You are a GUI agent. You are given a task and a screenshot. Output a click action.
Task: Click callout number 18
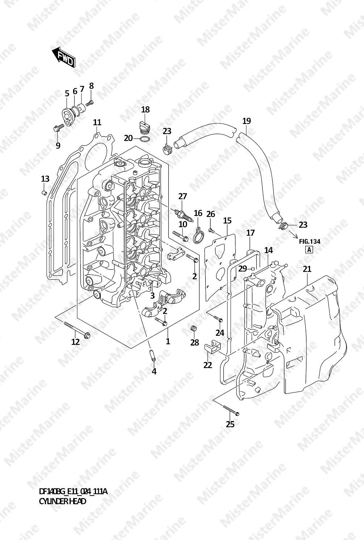tap(145, 109)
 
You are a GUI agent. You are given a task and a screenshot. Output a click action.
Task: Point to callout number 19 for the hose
tap(246, 121)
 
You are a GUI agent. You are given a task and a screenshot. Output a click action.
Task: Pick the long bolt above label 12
tap(77, 330)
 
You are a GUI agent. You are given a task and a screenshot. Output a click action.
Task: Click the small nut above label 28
tap(194, 328)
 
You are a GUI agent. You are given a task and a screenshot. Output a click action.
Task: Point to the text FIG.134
tap(310, 241)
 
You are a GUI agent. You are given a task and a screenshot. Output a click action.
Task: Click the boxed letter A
tap(309, 249)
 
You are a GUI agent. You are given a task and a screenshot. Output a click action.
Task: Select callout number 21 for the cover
tap(307, 269)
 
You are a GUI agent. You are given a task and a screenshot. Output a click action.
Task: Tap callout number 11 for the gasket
tap(97, 122)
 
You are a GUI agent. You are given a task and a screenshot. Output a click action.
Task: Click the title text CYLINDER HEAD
tap(63, 501)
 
